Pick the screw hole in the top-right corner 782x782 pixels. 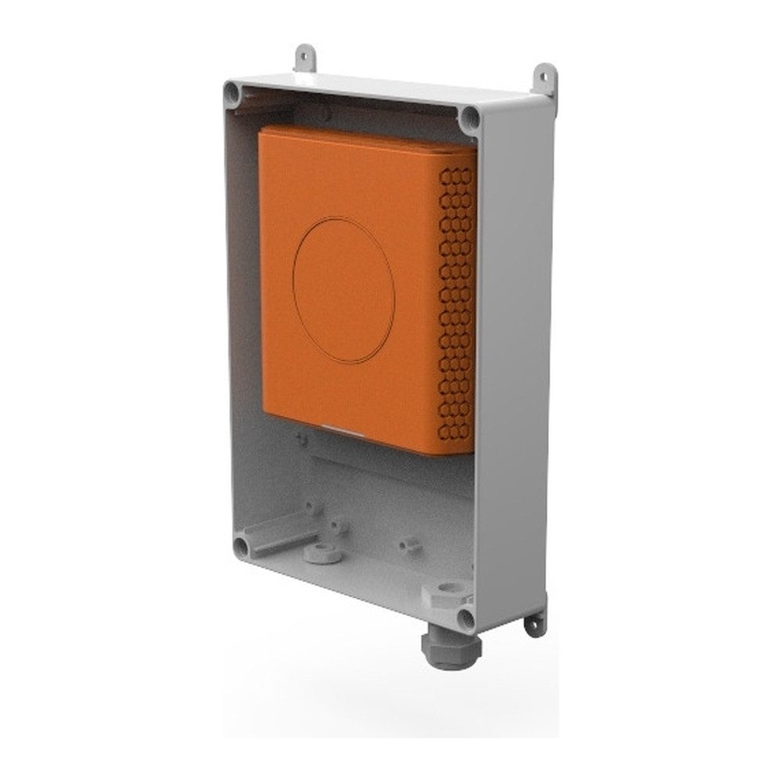tap(469, 118)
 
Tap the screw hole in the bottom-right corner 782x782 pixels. tap(465, 619)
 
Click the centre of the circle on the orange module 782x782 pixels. tap(343, 291)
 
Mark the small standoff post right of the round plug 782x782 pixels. tap(407, 541)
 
